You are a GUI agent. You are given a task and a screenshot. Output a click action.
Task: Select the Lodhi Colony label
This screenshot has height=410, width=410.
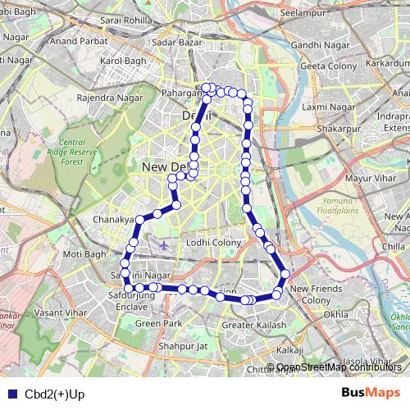tap(212, 243)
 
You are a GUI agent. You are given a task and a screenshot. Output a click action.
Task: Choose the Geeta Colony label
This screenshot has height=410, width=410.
tap(326, 66)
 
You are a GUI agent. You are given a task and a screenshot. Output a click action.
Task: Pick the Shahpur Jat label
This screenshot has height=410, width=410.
tap(184, 345)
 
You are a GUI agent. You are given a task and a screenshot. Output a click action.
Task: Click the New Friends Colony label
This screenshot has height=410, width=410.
tap(311, 294)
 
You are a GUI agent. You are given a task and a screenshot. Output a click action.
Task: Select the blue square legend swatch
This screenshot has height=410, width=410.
tap(10, 394)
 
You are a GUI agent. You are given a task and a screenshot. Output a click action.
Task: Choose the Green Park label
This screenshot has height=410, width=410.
tap(158, 324)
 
